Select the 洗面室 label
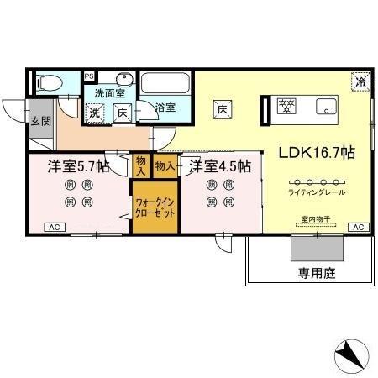pos(108,93)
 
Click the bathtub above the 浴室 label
pos(165,83)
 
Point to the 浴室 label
pos(165,108)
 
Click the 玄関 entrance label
pos(40,121)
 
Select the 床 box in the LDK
pos(223,108)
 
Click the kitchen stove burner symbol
pos(288,107)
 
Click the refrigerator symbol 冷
pos(360,81)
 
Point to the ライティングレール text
pos(316,192)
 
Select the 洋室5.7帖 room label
pos(77,165)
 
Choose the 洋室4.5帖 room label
pos(218,165)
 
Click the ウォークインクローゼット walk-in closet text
pos(154,208)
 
